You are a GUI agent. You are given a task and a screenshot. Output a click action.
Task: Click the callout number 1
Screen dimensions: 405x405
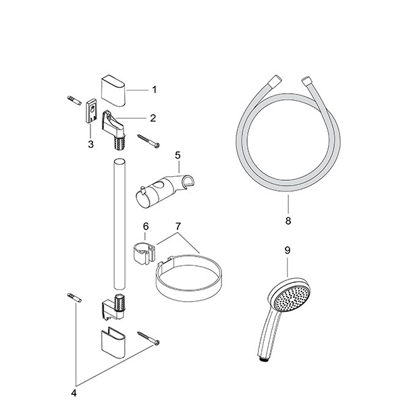pyautogui.click(x=154, y=90)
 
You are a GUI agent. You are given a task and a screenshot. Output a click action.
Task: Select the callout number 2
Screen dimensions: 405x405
pyautogui.click(x=153, y=118)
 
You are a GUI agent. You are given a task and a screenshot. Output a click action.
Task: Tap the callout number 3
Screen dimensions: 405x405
pyautogui.click(x=90, y=144)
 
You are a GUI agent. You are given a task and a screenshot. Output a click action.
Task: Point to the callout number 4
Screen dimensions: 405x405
pyautogui.click(x=74, y=393)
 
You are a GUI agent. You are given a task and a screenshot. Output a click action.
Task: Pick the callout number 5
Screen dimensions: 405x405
pyautogui.click(x=178, y=155)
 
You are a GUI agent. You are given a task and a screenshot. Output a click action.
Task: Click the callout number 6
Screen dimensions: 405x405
pyautogui.click(x=146, y=226)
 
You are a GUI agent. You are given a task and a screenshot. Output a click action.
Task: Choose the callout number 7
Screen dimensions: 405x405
pyautogui.click(x=178, y=226)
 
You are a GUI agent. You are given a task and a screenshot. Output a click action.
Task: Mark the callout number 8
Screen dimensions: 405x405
pyautogui.click(x=288, y=221)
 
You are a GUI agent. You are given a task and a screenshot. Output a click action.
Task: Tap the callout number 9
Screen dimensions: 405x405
pyautogui.click(x=288, y=250)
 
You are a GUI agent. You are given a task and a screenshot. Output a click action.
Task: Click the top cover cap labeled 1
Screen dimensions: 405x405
pyautogui.click(x=113, y=90)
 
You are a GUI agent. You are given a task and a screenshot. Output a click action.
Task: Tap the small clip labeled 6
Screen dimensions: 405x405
pyautogui.click(x=145, y=253)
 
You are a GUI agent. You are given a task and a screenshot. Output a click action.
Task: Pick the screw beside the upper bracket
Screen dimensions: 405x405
pyautogui.click(x=148, y=141)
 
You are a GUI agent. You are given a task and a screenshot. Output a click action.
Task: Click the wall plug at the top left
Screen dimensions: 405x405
pyautogui.click(x=74, y=100)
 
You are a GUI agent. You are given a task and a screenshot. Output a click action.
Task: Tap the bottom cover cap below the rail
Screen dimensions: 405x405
pyautogui.click(x=113, y=342)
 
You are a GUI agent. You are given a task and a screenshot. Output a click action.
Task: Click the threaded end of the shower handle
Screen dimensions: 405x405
pyautogui.click(x=264, y=360)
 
